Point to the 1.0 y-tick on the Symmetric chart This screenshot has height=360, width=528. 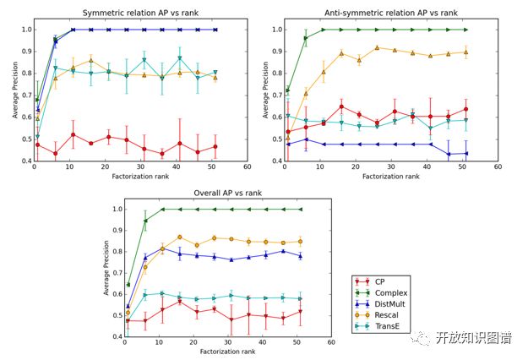(24, 30)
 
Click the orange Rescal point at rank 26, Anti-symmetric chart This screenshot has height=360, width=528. (377, 48)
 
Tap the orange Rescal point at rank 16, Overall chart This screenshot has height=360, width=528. (179, 237)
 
